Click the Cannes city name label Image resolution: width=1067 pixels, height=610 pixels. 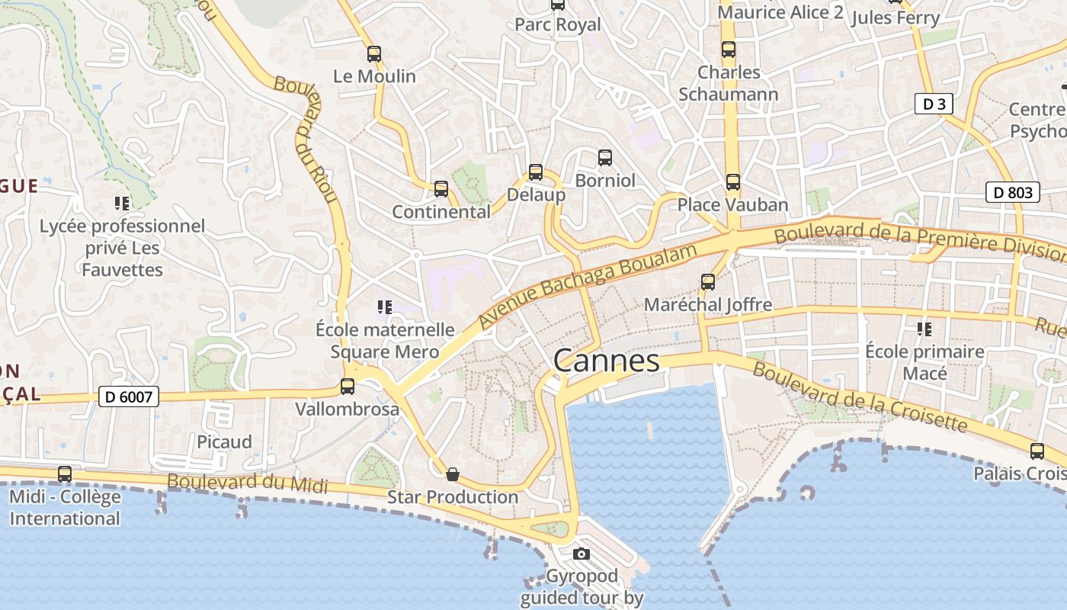[x=607, y=360]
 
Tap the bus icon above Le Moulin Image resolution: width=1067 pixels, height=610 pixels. [x=374, y=54]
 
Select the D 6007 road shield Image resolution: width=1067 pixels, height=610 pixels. [x=128, y=396]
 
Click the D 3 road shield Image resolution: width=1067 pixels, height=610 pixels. [x=934, y=104]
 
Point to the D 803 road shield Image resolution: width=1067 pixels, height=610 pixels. [x=1013, y=192]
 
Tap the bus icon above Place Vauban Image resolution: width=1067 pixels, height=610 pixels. [x=733, y=182]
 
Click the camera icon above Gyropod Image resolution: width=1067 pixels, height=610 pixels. [x=582, y=554]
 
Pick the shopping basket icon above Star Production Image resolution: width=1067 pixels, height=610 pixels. [x=453, y=475]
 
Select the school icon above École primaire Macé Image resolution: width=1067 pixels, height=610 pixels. [x=924, y=329]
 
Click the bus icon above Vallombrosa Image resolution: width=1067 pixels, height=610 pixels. [x=348, y=387]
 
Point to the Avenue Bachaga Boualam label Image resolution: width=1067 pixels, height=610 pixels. [x=588, y=287]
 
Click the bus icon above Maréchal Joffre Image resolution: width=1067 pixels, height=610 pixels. [x=708, y=282]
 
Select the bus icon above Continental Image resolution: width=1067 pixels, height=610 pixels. [x=441, y=189]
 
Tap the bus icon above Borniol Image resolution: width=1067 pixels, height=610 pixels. [x=605, y=158]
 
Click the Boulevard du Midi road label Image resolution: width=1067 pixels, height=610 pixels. [x=247, y=483]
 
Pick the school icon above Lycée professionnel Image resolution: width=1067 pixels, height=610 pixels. [x=122, y=203]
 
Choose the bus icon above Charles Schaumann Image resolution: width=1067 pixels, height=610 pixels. [x=729, y=50]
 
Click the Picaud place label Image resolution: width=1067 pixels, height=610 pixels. [x=224, y=442]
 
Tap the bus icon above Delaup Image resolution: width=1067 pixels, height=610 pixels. [x=536, y=172]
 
